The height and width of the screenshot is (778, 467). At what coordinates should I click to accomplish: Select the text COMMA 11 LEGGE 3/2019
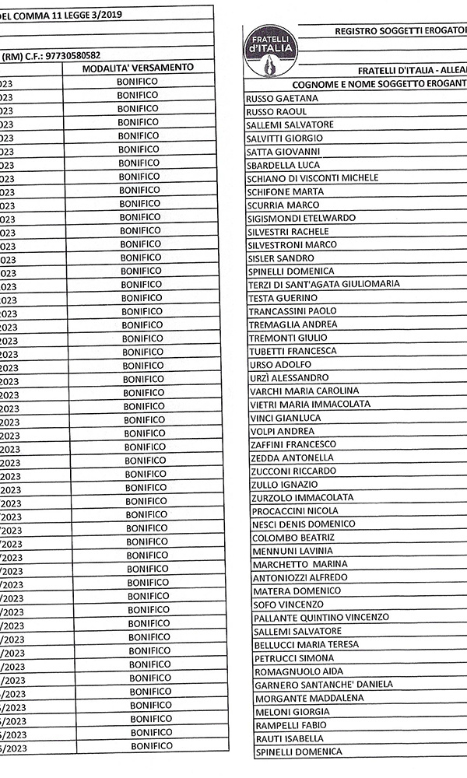[62, 13]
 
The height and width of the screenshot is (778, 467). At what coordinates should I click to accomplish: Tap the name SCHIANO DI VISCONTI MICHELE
[312, 178]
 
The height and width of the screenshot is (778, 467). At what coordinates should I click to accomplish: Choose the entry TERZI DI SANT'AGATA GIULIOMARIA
[324, 284]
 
